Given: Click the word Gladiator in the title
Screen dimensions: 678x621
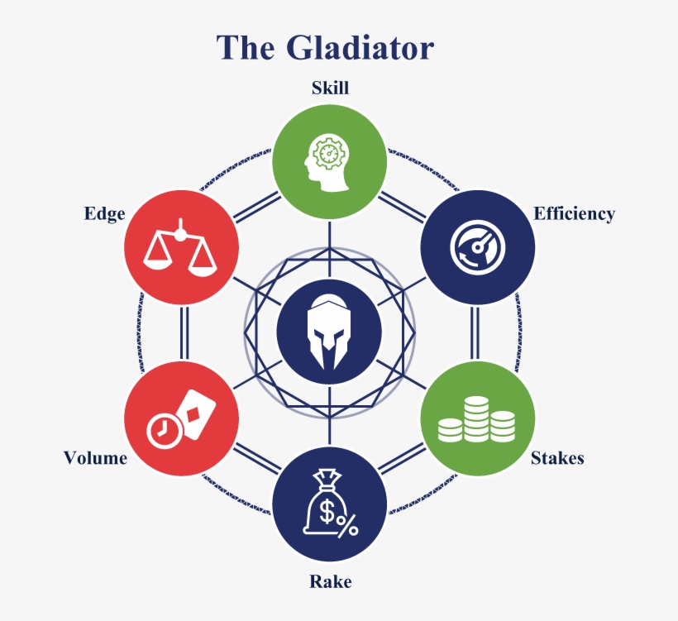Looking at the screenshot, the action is (x=360, y=48).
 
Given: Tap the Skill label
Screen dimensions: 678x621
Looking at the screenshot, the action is (x=330, y=88).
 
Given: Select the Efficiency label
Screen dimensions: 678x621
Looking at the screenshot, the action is (x=574, y=213).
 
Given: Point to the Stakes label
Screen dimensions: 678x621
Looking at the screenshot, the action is (x=557, y=457).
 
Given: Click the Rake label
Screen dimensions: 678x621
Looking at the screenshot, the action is (x=330, y=581).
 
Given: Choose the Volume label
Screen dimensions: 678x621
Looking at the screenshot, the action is (x=95, y=457).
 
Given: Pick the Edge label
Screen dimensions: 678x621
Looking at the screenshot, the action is (x=104, y=213).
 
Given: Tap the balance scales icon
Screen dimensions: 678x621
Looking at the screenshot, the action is (x=180, y=247).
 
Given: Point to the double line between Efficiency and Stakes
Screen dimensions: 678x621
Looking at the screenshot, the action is (x=477, y=332).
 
